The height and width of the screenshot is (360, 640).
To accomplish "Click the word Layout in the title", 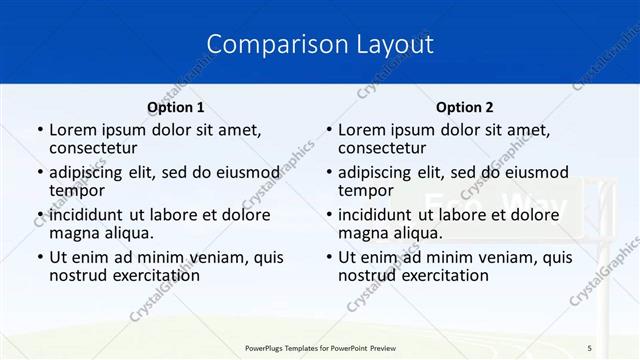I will [x=397, y=44].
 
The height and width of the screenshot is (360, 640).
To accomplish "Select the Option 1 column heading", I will [x=176, y=107].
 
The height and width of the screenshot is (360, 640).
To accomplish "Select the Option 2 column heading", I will [x=465, y=107].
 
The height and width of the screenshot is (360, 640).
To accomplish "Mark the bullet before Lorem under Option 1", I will [x=39, y=130].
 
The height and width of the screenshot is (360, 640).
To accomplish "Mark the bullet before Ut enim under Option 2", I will [x=328, y=257].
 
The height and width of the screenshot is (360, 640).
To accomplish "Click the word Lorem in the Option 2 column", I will [x=363, y=129].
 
